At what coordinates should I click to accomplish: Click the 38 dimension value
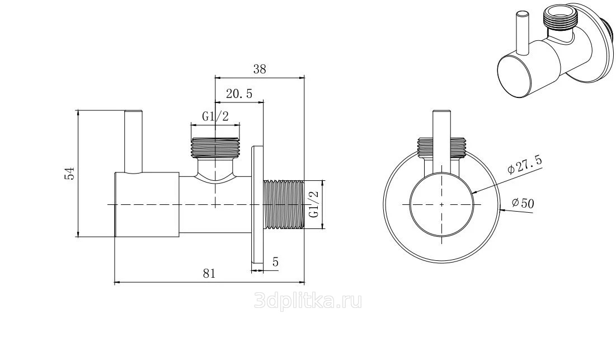260,69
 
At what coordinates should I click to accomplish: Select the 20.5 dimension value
239,94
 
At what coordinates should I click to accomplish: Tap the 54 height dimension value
69,174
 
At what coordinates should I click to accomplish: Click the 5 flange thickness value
275,262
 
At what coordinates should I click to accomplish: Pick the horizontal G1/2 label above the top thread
215,116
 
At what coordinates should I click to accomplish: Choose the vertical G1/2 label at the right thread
313,204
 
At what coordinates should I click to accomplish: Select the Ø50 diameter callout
523,203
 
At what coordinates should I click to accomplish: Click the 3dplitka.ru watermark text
308,301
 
